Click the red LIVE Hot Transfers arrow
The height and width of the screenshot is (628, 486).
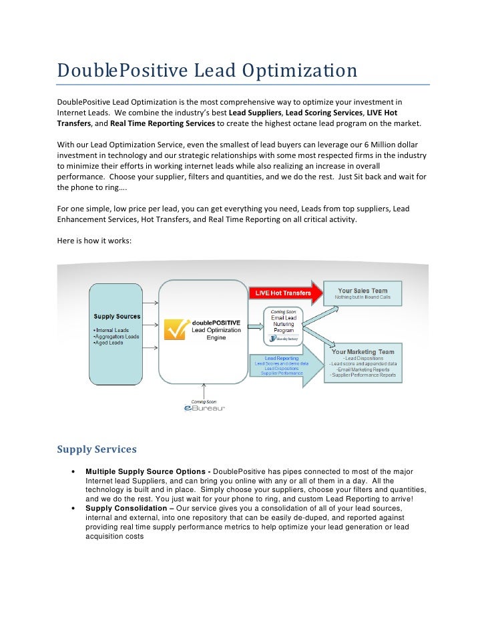tap(287, 293)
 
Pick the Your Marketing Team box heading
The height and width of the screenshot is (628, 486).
tap(362, 351)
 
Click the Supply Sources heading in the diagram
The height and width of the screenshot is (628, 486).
tap(117, 316)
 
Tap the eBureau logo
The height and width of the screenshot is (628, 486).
tap(204, 408)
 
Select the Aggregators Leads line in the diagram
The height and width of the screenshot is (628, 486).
tap(116, 337)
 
